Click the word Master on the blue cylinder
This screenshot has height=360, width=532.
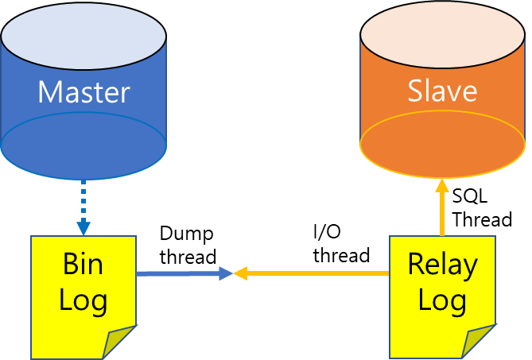[x=83, y=92]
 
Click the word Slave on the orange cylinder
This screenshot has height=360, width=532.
[x=442, y=91]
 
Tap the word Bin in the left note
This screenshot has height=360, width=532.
[x=83, y=264]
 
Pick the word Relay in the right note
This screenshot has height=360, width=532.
[x=442, y=264]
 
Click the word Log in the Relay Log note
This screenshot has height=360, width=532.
[x=442, y=300]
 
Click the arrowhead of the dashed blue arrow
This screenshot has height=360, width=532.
[x=83, y=226]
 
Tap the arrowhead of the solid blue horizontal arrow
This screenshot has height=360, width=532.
[x=226, y=273]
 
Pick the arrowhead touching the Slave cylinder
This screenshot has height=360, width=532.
[x=442, y=186]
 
